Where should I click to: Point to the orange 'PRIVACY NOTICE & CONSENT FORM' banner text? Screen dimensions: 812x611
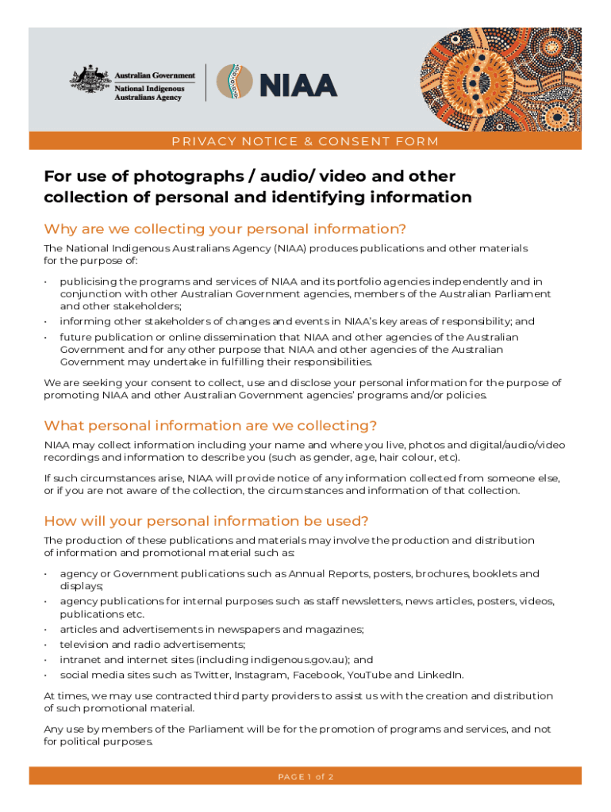305,142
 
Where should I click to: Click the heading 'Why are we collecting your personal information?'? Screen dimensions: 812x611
225,229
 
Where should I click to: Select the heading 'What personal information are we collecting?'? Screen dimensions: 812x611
210,425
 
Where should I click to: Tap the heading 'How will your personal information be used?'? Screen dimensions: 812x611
206,521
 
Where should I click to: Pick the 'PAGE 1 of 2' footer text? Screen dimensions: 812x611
305,776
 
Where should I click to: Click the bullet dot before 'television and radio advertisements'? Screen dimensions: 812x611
48,645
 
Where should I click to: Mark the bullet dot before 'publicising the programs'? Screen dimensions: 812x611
48,282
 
